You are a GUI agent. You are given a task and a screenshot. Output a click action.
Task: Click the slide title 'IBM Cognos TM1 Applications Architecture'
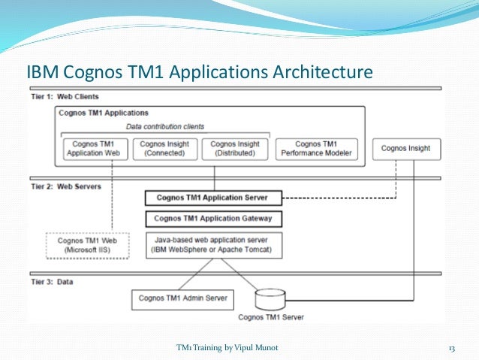click(200, 74)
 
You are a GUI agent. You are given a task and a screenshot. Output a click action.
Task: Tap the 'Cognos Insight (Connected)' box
click(166, 148)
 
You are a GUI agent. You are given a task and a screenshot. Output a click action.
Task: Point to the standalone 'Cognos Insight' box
click(405, 148)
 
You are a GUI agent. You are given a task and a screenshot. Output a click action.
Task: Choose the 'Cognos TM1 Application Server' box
click(213, 198)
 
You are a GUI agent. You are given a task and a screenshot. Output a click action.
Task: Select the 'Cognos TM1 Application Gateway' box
click(213, 219)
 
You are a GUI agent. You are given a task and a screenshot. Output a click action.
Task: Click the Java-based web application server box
click(213, 245)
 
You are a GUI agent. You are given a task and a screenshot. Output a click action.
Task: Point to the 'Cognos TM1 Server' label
click(270, 317)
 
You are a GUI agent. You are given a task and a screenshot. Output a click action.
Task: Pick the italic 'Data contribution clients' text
click(164, 126)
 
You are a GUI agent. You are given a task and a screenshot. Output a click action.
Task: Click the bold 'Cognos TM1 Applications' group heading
click(104, 113)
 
